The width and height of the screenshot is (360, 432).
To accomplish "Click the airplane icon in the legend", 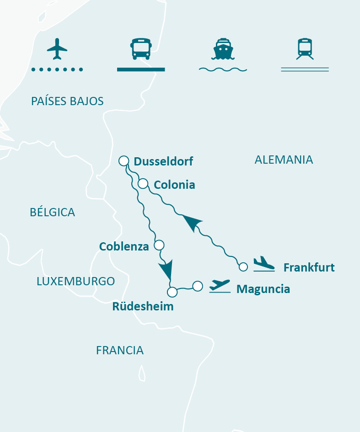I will pos(57,49).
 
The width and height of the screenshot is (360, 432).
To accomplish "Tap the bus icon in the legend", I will pos(140,49).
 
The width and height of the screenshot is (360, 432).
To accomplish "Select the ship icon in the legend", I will pos(222,49).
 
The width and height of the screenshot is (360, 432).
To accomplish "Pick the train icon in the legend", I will pos(305,49).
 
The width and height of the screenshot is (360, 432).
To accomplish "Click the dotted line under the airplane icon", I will pos(57,69).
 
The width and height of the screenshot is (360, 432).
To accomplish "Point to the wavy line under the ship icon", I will pos(223,69).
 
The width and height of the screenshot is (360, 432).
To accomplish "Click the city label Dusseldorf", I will pos(163,161).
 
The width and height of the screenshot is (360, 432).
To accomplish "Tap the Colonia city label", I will pos(174,185).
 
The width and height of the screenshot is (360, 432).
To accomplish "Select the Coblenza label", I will pos(124,246).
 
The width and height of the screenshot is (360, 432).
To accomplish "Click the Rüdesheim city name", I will pos(143,306).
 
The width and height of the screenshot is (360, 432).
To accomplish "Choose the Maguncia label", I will pos(263,289).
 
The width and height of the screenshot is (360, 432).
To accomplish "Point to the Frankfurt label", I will pos(309,267).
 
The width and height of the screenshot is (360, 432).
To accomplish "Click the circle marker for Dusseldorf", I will pos(124,160).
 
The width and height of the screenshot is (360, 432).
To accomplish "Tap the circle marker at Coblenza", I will pos(159,245).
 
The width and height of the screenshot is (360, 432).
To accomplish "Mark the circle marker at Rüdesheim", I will pos(172,292).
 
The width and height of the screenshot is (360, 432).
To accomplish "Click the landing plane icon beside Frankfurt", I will pos(264,264).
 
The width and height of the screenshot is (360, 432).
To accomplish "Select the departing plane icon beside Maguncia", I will pos(220,286).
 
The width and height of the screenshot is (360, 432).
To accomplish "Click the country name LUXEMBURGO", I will pos(75,281).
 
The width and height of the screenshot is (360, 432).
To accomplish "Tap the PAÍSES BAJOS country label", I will pos(67,101).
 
